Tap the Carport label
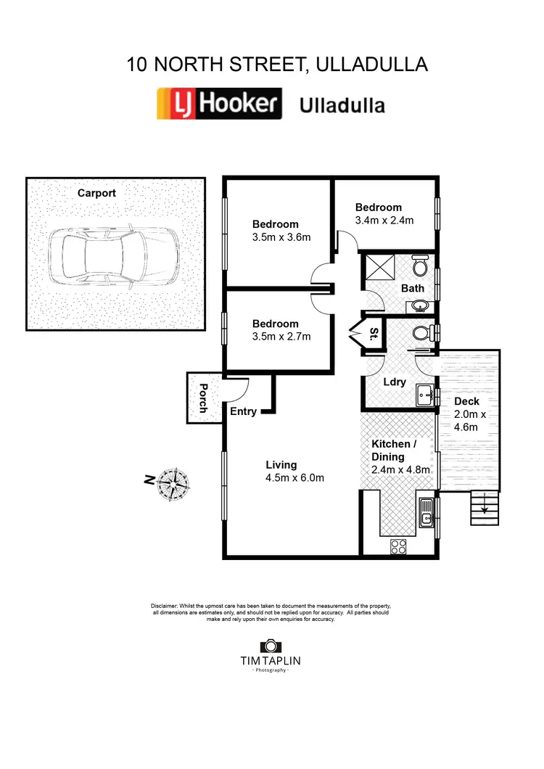[x=96, y=193]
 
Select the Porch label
[x=202, y=398]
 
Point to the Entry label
[x=243, y=412]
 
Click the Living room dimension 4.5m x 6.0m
[x=294, y=477]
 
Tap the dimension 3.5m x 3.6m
[x=281, y=237]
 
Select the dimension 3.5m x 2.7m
[x=281, y=337]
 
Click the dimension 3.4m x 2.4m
[x=384, y=220]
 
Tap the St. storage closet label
[x=374, y=334]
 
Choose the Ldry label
[x=394, y=382]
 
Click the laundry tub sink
[x=425, y=396]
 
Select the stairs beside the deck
[x=481, y=508]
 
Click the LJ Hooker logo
[x=219, y=104]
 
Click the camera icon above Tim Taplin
[x=270, y=645]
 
